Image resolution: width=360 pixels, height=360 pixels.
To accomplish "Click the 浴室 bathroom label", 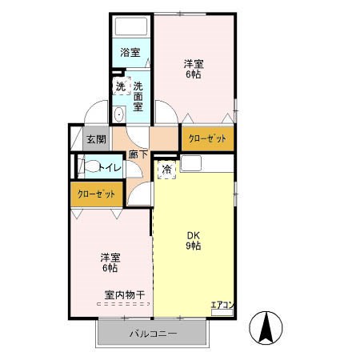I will pyautogui.click(x=130, y=53).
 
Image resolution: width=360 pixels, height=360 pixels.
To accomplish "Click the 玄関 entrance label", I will pyautogui.click(x=96, y=139).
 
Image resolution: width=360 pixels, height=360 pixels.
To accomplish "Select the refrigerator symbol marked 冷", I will pyautogui.click(x=166, y=170).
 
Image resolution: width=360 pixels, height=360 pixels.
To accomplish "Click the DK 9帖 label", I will pyautogui.click(x=194, y=240).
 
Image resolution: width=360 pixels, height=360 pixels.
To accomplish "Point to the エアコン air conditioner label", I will pyautogui.click(x=221, y=305).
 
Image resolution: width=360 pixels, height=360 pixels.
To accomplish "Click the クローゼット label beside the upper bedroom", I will pyautogui.click(x=207, y=138).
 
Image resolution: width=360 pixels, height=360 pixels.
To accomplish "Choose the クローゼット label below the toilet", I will pyautogui.click(x=96, y=194).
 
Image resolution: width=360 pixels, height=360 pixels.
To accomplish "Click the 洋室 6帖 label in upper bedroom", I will pyautogui.click(x=194, y=69).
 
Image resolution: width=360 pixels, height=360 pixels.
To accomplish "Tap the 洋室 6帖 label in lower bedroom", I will pyautogui.click(x=111, y=262).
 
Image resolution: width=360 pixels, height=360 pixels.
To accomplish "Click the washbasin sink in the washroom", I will pyautogui.click(x=119, y=114).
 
